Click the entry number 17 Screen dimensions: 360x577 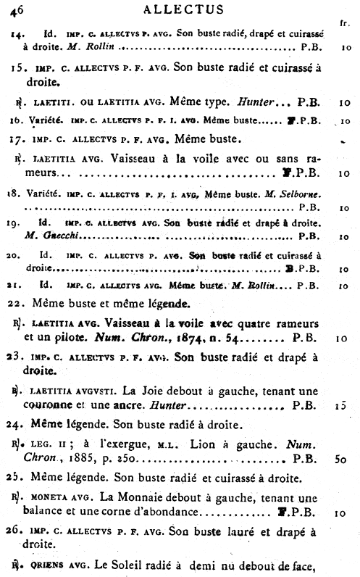click(x=21, y=138)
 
